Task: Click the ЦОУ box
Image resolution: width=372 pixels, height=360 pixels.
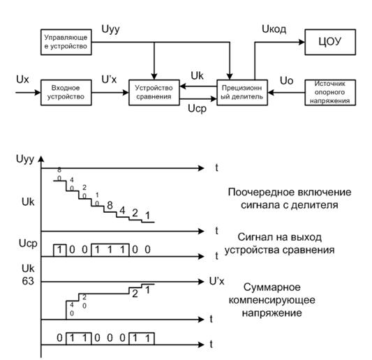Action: tap(330, 42)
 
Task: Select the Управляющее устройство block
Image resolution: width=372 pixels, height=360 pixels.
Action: tap(66, 42)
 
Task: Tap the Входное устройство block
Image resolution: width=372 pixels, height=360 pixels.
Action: tap(66, 93)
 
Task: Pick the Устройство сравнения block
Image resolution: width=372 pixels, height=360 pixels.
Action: tap(154, 93)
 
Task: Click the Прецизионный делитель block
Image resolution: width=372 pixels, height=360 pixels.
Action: tap(242, 93)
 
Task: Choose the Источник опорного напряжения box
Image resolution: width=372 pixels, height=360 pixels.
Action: tap(330, 93)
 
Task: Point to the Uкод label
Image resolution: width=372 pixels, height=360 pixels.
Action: tap(274, 29)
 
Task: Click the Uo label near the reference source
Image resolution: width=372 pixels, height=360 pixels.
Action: tap(286, 81)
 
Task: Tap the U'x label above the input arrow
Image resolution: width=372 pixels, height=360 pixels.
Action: tap(109, 80)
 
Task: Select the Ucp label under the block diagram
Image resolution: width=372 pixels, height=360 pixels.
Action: tap(197, 109)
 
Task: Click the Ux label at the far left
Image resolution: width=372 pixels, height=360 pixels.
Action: tap(22, 80)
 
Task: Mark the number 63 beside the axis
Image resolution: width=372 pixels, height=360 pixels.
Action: tap(28, 281)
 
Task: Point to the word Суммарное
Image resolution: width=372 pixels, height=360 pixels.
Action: tap(272, 287)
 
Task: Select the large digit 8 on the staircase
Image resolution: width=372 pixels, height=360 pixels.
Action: tap(110, 205)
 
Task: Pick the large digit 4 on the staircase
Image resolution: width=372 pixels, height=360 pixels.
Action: tap(122, 211)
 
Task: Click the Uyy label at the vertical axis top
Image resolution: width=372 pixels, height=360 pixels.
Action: tap(25, 159)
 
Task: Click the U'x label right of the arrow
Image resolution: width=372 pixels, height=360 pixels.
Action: tap(216, 281)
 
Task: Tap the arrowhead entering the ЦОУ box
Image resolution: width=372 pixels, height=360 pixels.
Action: tap(302, 43)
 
